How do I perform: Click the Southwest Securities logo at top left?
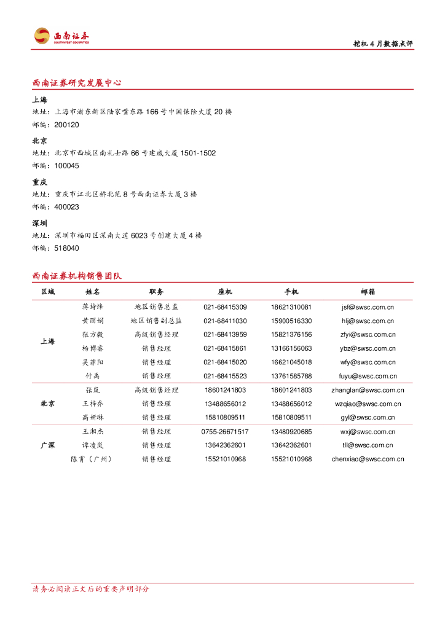[x=61, y=37]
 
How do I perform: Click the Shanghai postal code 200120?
[x=66, y=125]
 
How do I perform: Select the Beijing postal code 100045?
[x=66, y=166]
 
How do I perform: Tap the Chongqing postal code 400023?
[x=66, y=207]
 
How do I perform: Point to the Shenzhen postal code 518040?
[x=66, y=248]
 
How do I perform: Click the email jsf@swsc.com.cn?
[x=368, y=307]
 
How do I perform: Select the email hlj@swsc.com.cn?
[x=368, y=321]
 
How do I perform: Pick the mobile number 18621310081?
[x=291, y=307]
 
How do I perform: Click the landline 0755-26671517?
[x=225, y=431]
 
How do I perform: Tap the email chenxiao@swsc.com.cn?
[x=368, y=459]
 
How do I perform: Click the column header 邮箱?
[x=368, y=292]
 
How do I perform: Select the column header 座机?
[x=225, y=292]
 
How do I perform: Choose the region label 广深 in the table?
[x=47, y=445]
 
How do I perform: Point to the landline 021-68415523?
[x=225, y=376]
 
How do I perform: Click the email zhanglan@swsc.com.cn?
[x=368, y=390]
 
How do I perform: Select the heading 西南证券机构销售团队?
[x=77, y=276]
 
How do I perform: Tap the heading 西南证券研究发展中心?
[x=77, y=82]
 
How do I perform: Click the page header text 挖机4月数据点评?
[x=382, y=44]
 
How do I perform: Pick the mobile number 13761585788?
[x=291, y=376]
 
